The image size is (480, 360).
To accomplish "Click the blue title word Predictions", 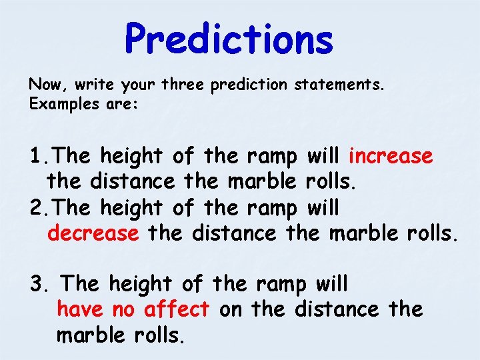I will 229,39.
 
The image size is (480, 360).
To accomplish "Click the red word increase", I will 391,156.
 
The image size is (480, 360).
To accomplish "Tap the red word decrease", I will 93,233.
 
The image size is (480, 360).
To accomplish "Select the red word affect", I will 176,309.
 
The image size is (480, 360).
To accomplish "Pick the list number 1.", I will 37,156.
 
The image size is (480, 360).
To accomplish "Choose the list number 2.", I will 37,208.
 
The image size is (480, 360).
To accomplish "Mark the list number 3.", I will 37,284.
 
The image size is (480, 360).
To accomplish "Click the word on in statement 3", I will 230,309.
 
